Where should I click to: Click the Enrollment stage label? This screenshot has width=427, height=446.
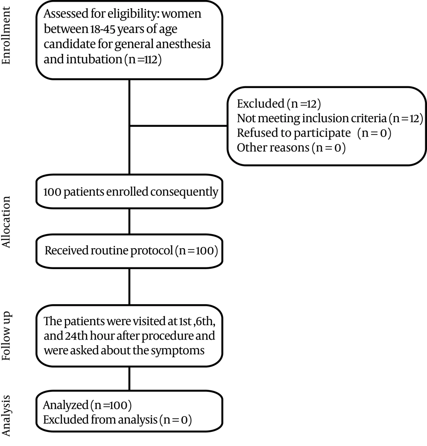(6, 35)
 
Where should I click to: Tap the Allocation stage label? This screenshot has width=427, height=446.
(6, 222)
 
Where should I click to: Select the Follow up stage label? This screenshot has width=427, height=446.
(6, 336)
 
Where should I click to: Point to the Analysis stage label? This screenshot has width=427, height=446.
(6, 416)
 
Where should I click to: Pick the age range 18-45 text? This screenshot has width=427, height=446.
(102, 29)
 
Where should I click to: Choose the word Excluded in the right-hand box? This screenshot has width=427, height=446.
(260, 103)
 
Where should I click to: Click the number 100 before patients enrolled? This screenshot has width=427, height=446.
(53, 192)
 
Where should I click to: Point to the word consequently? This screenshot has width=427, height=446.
(184, 192)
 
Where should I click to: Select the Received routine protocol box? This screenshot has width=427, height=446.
(129, 251)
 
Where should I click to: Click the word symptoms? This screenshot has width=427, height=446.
(177, 351)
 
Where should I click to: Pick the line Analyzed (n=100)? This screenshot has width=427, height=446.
(87, 405)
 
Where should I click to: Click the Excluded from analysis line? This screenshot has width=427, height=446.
(117, 420)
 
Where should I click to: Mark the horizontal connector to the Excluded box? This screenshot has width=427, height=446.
(178, 126)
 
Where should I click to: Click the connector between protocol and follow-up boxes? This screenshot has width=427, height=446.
(129, 287)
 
